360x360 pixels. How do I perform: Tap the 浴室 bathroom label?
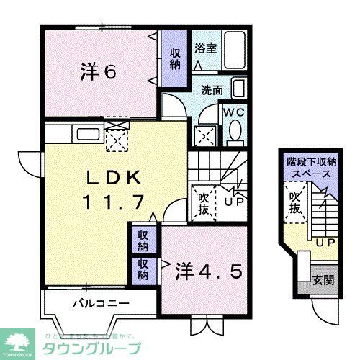(205, 49)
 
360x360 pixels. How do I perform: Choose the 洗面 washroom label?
(211, 91)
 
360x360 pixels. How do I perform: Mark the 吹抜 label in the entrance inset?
(295, 202)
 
